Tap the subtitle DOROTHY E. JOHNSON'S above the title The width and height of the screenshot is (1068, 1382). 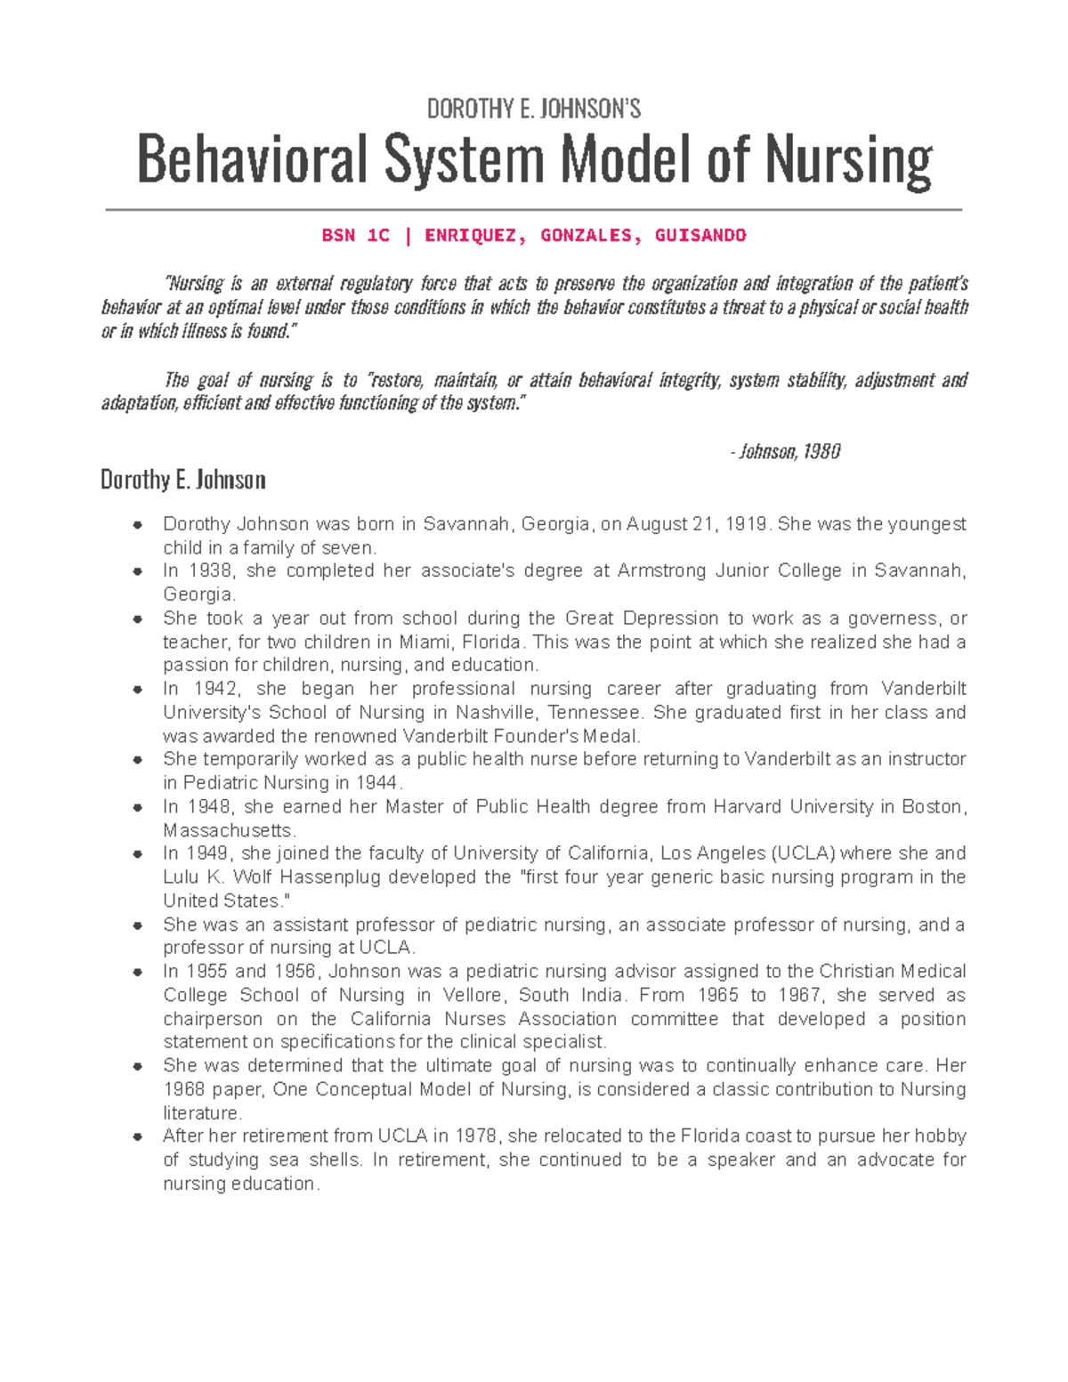533,109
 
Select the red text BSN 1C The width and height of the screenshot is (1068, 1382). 355,236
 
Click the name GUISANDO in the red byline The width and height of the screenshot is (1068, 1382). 700,236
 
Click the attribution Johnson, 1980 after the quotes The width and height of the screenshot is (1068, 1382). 788,452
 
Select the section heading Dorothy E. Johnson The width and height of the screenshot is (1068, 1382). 182,481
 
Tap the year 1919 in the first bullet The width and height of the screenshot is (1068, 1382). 746,524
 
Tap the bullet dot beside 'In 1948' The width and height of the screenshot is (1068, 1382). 137,808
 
